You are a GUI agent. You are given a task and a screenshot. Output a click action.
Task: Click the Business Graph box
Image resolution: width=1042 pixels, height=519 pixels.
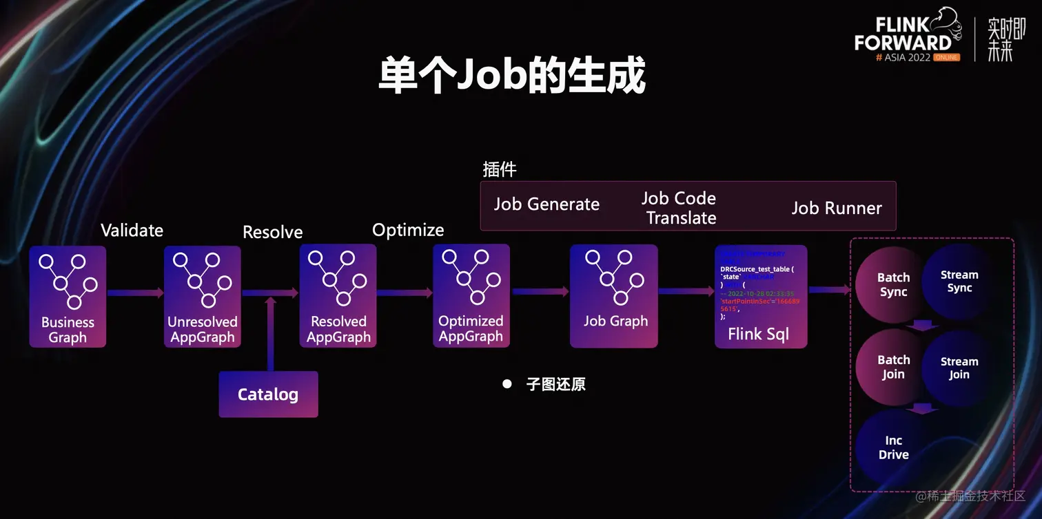pos(68,297)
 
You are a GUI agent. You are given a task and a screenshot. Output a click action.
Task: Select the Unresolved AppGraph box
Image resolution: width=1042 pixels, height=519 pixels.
pos(203,297)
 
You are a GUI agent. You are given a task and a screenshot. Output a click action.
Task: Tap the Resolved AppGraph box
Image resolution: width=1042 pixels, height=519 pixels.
pos(338,297)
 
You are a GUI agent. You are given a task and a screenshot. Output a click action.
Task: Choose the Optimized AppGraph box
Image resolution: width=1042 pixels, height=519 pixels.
pos(471,296)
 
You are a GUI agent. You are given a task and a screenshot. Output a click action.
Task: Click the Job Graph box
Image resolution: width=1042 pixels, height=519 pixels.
pos(614,296)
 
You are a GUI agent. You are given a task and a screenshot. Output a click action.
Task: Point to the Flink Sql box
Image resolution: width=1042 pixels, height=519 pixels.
pos(760,296)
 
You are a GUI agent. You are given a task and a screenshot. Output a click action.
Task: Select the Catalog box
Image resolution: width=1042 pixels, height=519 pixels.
pos(268,394)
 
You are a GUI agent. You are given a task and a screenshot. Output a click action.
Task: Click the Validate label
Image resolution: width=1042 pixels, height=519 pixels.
pos(132,230)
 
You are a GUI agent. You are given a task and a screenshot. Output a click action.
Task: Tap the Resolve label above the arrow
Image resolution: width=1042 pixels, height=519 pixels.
pos(273,233)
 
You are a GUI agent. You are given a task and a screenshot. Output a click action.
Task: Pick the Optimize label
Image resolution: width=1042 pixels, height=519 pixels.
pos(408,230)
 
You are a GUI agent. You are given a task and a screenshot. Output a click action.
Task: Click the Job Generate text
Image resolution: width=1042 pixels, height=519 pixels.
pos(546,204)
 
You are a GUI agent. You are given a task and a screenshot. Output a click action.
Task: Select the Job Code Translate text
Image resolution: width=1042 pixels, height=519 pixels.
pos(679,208)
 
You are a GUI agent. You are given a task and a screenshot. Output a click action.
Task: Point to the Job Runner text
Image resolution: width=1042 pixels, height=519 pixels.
pos(837,208)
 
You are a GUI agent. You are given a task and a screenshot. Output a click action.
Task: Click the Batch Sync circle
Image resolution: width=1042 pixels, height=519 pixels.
pos(893,285)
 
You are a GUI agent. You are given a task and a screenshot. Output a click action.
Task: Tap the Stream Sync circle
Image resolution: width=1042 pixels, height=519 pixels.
pos(959,282)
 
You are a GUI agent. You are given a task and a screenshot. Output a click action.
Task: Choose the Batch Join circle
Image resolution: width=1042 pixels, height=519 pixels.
pos(893,367)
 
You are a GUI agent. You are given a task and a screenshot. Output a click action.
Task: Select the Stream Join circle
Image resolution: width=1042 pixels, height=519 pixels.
pos(959,368)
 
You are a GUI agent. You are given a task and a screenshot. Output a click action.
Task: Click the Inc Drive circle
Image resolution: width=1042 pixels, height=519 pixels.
pos(893,447)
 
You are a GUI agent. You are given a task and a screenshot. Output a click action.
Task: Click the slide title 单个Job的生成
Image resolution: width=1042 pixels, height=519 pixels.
pos(512,75)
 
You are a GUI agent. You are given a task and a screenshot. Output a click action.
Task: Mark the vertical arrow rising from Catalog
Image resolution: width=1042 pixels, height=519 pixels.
pos(270,334)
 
